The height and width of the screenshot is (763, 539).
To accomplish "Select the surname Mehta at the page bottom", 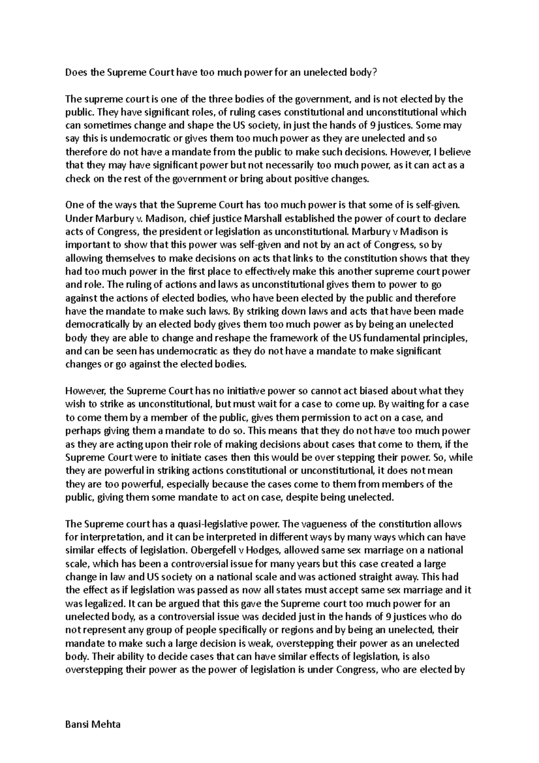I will (x=107, y=725).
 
